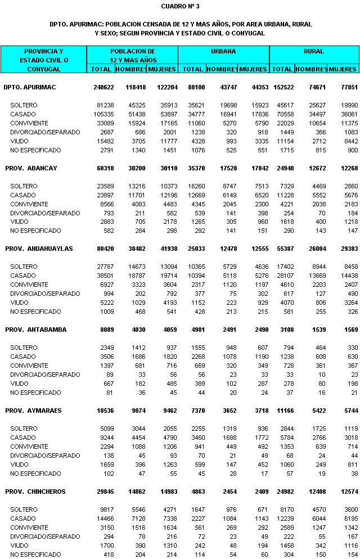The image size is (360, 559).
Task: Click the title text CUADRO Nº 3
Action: (180, 6)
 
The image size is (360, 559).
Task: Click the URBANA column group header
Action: (223, 51)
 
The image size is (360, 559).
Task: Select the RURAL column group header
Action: (314, 51)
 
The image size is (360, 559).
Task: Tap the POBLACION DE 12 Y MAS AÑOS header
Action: (132, 55)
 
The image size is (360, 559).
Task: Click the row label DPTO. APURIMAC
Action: (34, 87)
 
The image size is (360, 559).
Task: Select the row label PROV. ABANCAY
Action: (31, 168)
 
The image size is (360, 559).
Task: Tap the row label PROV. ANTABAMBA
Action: (35, 330)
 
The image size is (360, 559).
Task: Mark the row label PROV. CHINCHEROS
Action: (35, 492)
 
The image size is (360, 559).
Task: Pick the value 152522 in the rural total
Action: (282, 87)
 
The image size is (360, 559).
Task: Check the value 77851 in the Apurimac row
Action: (346, 87)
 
